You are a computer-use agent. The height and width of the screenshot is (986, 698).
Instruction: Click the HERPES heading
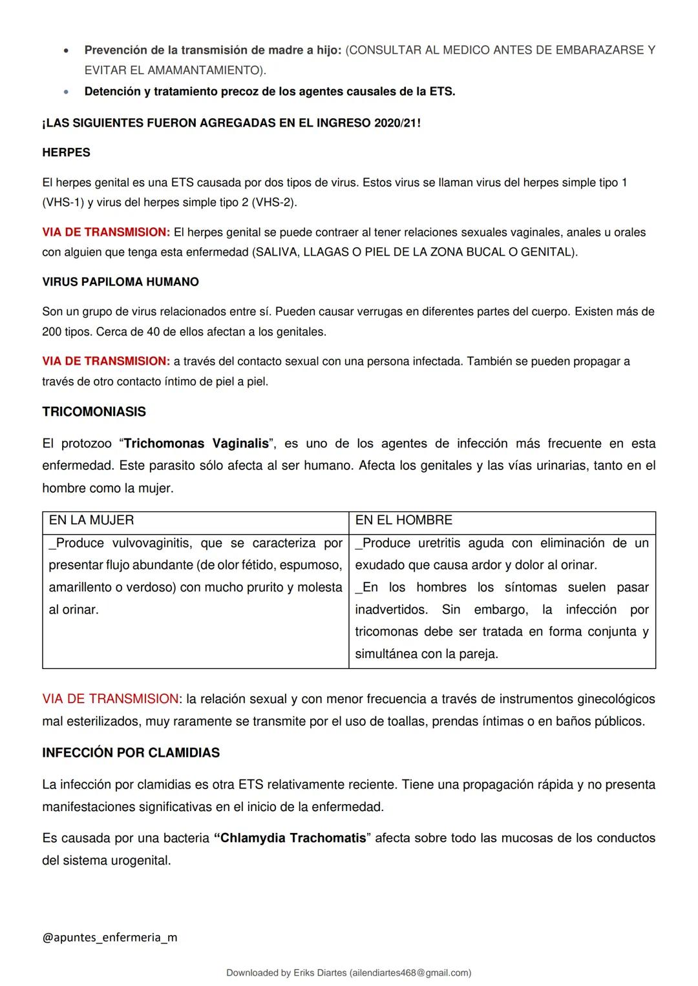coord(66,153)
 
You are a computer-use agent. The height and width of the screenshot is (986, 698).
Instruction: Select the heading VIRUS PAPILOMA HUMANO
coord(120,282)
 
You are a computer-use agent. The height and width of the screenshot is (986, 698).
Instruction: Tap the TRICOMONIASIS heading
coord(94,412)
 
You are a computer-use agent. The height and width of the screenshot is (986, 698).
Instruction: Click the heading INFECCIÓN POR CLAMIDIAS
coord(131,753)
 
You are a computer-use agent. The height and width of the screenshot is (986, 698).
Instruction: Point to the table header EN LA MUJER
coord(91,520)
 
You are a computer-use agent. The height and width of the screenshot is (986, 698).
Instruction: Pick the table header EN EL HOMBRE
coord(403,520)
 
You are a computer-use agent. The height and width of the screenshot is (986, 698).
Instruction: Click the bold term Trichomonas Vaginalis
coord(196,444)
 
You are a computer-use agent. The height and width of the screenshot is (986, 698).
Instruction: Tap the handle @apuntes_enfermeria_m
coord(109,938)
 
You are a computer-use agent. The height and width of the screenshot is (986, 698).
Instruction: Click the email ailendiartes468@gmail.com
coord(410,973)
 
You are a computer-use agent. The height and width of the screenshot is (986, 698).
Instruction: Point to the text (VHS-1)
coord(63,203)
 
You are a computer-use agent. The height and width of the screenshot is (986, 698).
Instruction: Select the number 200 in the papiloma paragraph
coord(52,332)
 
